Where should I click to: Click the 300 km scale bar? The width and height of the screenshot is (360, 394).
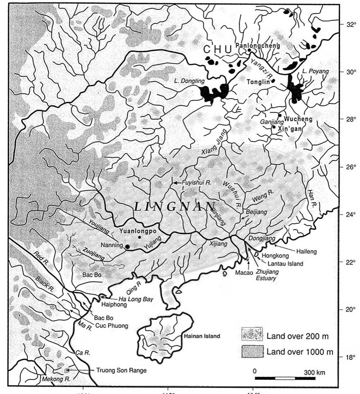pos(285,378)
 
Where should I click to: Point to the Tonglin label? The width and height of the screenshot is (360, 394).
pos(258,82)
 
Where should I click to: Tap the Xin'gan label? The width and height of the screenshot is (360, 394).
pos(289,127)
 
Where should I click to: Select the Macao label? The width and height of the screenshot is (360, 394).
pos(242,273)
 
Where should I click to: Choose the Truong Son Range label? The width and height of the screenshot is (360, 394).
pos(122,370)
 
